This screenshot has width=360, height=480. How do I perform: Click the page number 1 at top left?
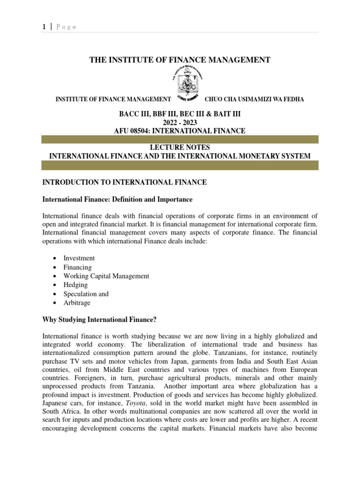pyautogui.click(x=44, y=27)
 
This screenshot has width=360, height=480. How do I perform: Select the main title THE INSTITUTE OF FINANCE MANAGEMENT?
pyautogui.click(x=180, y=60)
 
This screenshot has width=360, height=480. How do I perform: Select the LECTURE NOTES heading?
pyautogui.click(x=180, y=148)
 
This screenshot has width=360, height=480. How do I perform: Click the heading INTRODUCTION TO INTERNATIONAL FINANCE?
pyautogui.click(x=124, y=182)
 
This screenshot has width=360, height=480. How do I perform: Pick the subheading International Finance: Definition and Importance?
pyautogui.click(x=117, y=199)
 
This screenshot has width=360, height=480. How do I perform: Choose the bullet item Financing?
pyautogui.click(x=78, y=267)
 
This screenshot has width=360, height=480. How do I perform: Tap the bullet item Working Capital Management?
pyautogui.click(x=106, y=276)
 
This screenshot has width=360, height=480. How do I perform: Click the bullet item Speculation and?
pyautogui.click(x=86, y=294)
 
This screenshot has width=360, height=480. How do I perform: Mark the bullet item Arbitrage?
pyautogui.click(x=77, y=303)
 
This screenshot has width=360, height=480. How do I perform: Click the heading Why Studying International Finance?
pyautogui.click(x=106, y=320)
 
